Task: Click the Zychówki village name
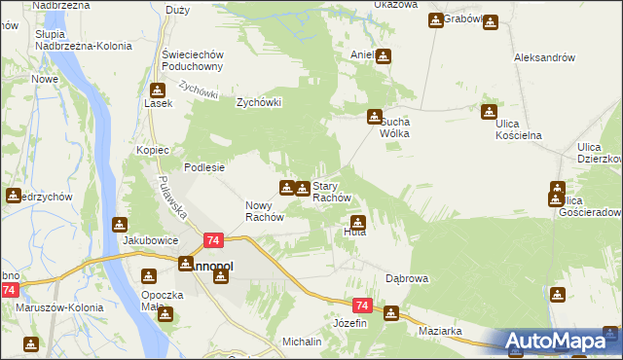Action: (259, 101)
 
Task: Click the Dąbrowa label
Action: (407, 278)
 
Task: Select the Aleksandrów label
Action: (544, 57)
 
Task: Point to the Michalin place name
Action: (302, 342)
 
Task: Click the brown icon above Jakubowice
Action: (120, 224)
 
